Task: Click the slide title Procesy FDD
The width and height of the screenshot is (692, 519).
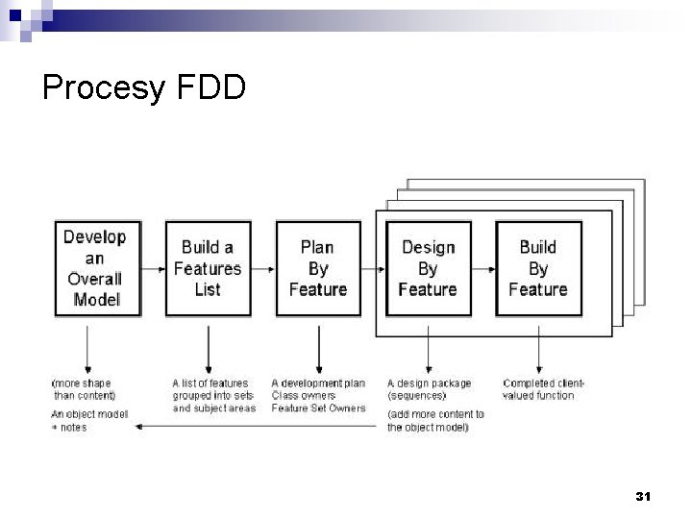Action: click(x=144, y=88)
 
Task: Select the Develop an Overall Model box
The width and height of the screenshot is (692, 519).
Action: click(x=94, y=268)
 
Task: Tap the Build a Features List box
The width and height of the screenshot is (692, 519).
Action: click(x=208, y=268)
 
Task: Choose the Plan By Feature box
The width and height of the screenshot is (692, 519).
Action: click(x=317, y=268)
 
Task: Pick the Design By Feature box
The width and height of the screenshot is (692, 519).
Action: click(x=428, y=268)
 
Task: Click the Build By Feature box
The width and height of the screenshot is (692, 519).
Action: click(x=538, y=268)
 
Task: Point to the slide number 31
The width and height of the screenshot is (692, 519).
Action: click(x=643, y=496)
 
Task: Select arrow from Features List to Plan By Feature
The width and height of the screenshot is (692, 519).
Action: click(x=262, y=268)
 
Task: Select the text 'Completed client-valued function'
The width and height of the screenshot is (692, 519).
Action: click(x=544, y=389)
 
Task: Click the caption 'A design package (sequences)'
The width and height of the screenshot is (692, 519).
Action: click(x=430, y=389)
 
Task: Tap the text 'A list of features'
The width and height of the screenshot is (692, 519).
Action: click(x=210, y=383)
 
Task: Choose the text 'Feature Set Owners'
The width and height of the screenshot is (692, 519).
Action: click(x=318, y=408)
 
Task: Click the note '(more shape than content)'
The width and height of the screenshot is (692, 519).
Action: click(x=83, y=389)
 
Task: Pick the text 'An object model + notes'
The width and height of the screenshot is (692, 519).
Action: click(x=88, y=421)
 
